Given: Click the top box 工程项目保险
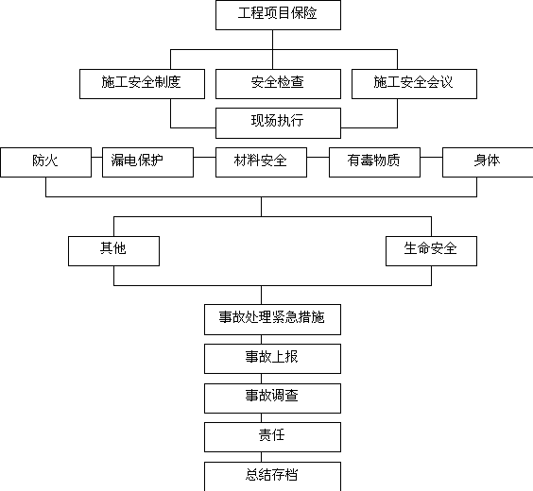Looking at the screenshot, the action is click(278, 15).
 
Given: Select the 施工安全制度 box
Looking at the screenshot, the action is click(142, 84).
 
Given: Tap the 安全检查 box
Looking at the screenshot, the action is click(278, 84).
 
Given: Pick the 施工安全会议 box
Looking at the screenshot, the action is click(414, 84).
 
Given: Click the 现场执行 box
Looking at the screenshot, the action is click(278, 123).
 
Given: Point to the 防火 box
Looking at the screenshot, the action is click(46, 162).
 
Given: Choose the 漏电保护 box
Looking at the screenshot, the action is click(147, 162).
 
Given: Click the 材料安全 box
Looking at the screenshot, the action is click(261, 162).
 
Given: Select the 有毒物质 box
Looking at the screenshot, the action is click(374, 162).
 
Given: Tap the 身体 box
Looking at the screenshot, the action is click(488, 162).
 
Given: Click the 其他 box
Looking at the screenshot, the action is click(113, 251).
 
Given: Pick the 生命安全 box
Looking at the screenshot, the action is click(431, 251).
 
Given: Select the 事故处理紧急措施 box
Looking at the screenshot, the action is click(272, 319).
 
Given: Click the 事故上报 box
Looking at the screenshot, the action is click(272, 359).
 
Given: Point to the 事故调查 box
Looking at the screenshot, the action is click(272, 398).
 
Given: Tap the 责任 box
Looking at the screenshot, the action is click(272, 437).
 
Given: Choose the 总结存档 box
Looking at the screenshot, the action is click(272, 477).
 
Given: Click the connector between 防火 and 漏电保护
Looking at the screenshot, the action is click(97, 158).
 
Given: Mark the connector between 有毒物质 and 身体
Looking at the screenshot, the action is click(431, 158).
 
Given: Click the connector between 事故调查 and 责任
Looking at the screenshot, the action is click(262, 418).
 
